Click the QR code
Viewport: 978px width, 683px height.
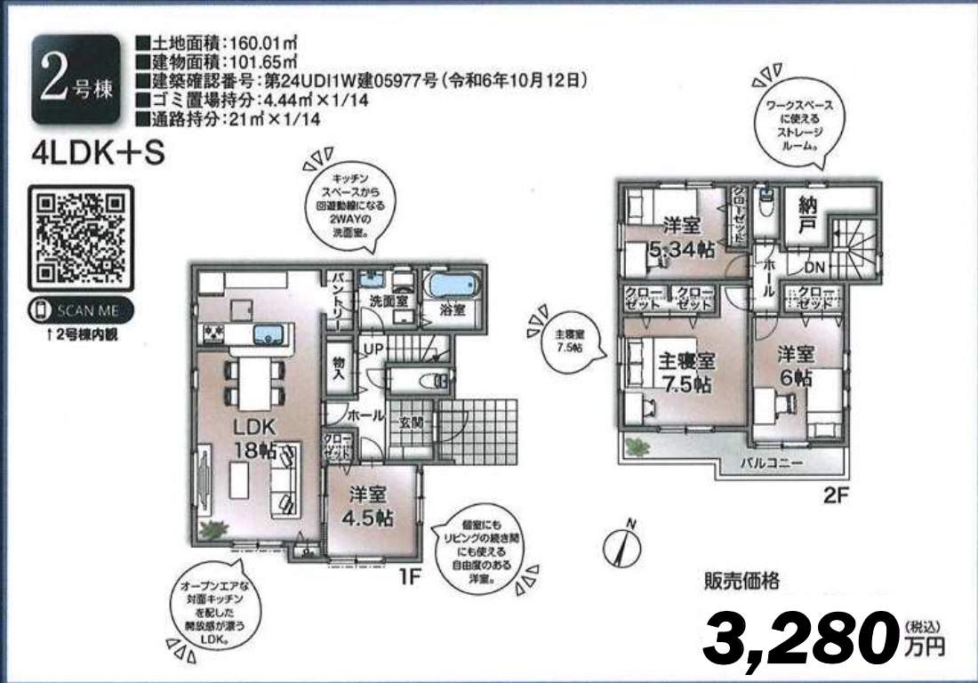point(81,237)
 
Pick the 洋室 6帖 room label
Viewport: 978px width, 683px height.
point(796,365)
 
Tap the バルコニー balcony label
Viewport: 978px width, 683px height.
point(774,464)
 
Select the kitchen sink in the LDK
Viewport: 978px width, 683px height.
point(268,334)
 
